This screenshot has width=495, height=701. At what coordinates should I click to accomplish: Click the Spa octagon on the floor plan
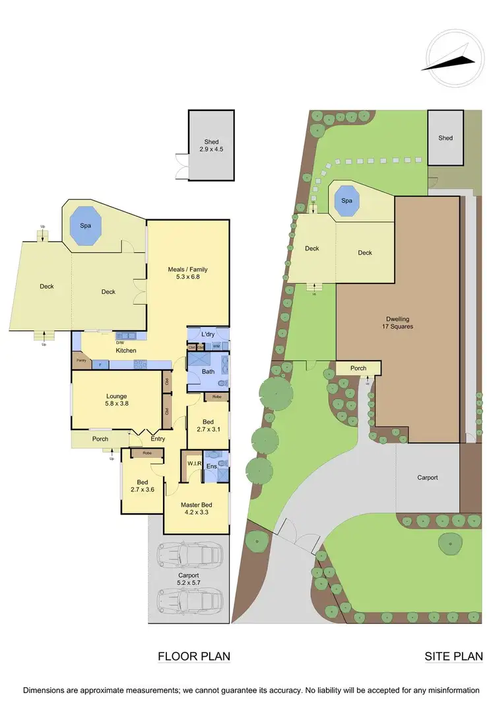(x=85, y=225)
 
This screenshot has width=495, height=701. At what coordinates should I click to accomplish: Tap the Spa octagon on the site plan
(x=346, y=200)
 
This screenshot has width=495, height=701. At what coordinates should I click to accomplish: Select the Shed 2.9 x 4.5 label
(x=211, y=145)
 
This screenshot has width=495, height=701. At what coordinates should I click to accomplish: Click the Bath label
(x=208, y=371)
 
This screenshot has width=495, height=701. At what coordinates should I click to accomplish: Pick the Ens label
(x=211, y=466)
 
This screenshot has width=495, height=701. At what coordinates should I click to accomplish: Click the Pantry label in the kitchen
(x=81, y=361)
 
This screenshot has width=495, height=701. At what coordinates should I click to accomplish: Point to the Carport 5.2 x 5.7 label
(x=188, y=579)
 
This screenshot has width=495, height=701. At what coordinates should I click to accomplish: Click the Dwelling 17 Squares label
(x=397, y=322)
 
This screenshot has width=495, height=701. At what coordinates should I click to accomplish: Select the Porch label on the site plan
(x=358, y=368)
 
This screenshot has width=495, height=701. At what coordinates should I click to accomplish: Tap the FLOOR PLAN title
(x=193, y=656)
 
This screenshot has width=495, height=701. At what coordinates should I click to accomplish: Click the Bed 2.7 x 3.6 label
(x=141, y=486)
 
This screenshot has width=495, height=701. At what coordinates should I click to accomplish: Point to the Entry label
(x=157, y=439)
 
